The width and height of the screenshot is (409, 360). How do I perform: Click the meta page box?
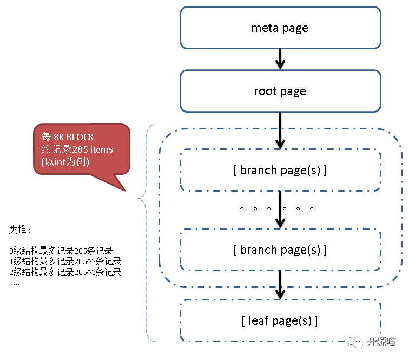280,28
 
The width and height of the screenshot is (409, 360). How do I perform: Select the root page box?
280,91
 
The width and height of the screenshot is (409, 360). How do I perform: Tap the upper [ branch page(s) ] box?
280,171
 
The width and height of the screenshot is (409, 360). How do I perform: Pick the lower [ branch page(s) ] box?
280,250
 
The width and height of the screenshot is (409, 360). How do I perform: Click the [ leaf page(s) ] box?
280,320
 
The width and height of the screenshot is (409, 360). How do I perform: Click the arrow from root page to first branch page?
280,130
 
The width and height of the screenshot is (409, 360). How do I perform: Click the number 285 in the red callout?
80,149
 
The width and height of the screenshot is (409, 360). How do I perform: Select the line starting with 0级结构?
61,251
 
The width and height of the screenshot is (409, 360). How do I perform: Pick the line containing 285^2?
65,261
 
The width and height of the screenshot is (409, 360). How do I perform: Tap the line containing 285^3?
65,272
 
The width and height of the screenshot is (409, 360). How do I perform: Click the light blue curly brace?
144,233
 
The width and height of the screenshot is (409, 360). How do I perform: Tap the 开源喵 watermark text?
381,342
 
